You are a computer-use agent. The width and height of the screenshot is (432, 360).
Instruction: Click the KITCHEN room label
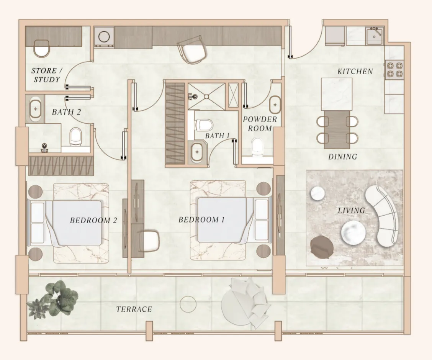pos(355,71)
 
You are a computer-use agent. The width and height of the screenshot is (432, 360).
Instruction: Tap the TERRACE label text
pos(134,309)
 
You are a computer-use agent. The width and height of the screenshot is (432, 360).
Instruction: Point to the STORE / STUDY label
pos(46,75)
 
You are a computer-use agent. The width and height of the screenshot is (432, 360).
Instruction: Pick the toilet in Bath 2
pos(76,136)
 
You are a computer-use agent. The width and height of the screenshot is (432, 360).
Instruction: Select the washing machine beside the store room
pos(104,37)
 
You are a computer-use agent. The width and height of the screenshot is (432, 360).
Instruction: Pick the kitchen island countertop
pos(336,94)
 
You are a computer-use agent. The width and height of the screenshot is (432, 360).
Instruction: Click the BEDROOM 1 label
pos(201,220)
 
